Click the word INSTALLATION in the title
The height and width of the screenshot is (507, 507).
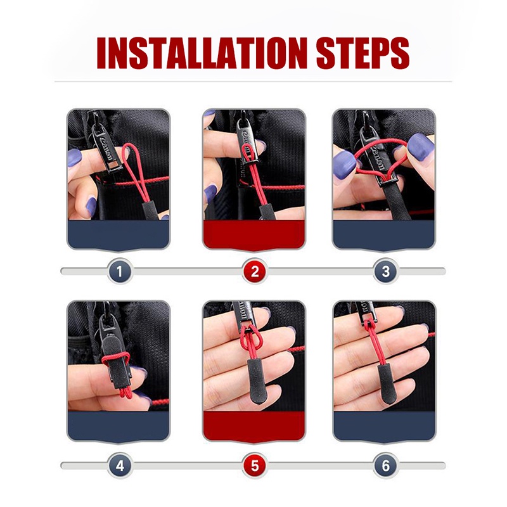(x=202, y=53)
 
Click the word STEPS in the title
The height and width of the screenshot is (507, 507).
(x=363, y=53)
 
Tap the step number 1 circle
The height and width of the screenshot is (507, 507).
(x=120, y=271)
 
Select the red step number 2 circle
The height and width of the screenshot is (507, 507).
(x=255, y=271)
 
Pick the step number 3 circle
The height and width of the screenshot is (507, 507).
(x=385, y=271)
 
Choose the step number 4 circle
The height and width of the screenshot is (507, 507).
(x=120, y=466)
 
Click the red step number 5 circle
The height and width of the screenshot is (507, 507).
(x=255, y=466)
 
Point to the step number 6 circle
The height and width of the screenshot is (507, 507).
(x=385, y=466)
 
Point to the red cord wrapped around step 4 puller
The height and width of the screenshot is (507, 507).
(x=115, y=357)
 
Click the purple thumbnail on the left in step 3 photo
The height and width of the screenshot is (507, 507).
(x=345, y=165)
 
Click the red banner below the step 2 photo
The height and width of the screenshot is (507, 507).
(x=254, y=235)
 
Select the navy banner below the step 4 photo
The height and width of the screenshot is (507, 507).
(x=119, y=426)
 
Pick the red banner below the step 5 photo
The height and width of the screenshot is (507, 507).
(x=254, y=426)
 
